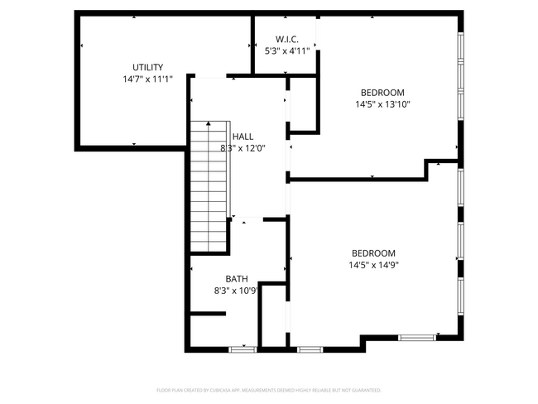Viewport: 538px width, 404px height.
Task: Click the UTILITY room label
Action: point(148,67)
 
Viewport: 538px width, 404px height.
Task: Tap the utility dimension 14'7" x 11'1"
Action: point(148,79)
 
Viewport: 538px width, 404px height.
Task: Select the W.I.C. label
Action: point(286,39)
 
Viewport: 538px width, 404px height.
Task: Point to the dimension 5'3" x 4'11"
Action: point(286,50)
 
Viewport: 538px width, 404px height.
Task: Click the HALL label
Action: point(243,137)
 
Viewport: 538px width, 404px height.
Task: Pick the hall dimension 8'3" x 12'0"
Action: point(243,149)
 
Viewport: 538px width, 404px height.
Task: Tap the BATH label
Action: point(237,279)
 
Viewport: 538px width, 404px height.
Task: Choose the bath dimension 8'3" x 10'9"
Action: point(238,291)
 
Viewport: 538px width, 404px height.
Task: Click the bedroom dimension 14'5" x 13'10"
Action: point(382,104)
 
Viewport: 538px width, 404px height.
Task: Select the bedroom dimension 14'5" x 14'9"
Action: point(373,266)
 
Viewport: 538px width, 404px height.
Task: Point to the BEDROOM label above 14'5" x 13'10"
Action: point(382,92)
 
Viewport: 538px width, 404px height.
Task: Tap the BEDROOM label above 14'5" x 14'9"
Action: point(373,253)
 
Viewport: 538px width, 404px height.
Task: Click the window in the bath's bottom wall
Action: point(243,349)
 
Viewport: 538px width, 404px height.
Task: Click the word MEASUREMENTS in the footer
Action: point(257,389)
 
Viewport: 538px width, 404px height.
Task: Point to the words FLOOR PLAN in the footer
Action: point(169,389)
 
